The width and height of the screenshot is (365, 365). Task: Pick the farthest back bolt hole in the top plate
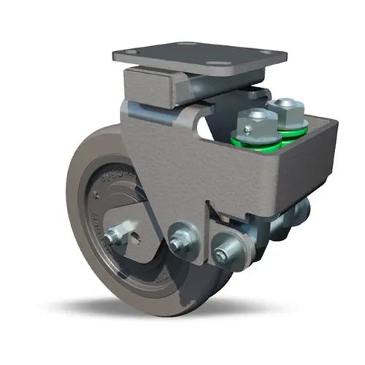182,44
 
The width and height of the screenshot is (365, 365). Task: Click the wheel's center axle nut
113,236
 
